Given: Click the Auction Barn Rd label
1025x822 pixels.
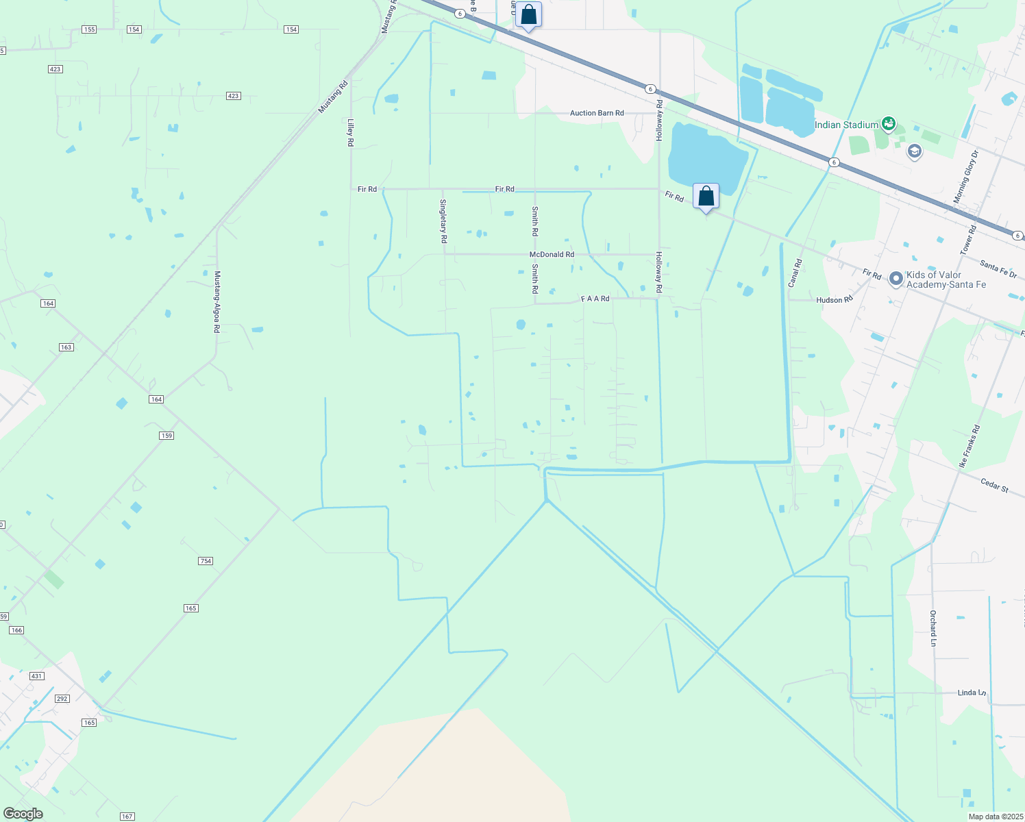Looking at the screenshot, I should [597, 113].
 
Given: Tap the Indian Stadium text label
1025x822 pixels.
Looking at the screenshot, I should [846, 125].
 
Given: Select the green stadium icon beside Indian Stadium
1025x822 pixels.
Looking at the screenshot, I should [889, 124].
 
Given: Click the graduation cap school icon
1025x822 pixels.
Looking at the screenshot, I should [914, 151].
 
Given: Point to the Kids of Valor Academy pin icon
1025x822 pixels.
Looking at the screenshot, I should [896, 279].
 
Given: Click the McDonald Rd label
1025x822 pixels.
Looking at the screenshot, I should [552, 254].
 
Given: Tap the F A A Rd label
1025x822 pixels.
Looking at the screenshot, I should [595, 299].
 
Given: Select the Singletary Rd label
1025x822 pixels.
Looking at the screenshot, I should [443, 221].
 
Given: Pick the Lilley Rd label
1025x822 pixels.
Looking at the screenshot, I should [350, 132].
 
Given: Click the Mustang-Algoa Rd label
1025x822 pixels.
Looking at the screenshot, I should [217, 301].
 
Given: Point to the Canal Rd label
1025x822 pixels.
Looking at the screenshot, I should [795, 273].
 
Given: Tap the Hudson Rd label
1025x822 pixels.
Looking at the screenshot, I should [834, 300].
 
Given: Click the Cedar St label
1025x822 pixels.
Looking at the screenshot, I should [994, 485].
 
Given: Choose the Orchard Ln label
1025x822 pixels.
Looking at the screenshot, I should [933, 628].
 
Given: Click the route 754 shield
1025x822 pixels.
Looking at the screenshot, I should [206, 561].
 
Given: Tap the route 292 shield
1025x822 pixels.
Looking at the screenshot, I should [62, 699].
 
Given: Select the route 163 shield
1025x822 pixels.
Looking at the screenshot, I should [66, 347].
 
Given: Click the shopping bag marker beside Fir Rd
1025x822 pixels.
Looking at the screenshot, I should [706, 197].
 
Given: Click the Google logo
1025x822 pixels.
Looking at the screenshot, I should [23, 814].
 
